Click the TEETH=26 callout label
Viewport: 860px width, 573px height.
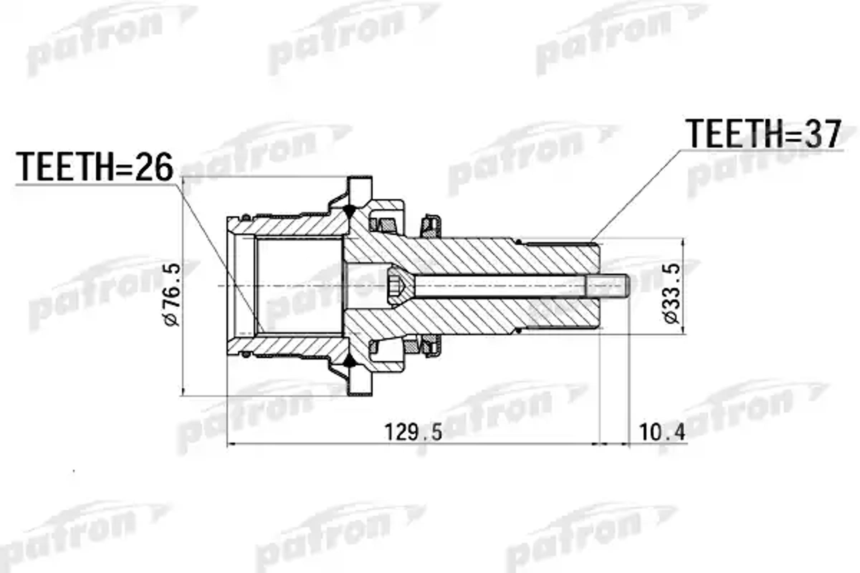tap(94, 167)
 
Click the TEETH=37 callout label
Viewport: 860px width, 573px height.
tap(764, 134)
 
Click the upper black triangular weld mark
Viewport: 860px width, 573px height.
tap(350, 211)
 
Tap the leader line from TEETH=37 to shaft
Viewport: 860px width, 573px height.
tap(636, 194)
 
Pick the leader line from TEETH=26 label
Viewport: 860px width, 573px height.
tap(219, 256)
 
